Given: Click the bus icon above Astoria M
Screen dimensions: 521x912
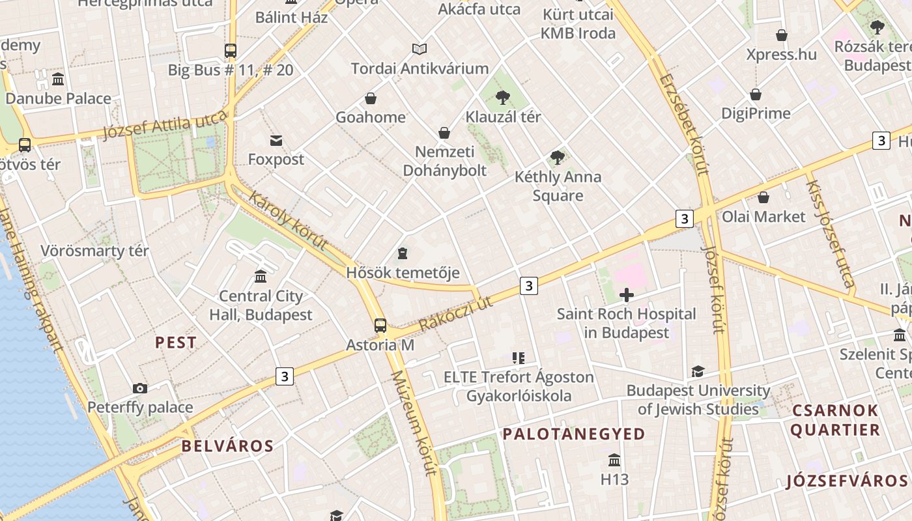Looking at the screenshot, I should coord(380,326).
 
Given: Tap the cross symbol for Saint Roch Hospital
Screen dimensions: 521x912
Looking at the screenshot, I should coord(627,295).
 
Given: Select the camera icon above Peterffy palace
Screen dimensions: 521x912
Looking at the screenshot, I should coord(140,389).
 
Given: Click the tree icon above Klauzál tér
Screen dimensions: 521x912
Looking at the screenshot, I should coord(502,98).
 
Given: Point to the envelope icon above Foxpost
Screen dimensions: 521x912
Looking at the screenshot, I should coord(276,141).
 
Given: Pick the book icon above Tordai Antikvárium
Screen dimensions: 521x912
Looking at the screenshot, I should coord(420,49).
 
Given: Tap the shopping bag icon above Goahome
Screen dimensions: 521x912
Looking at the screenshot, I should coord(371,98).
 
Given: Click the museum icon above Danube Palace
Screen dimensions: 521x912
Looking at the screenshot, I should coord(58,79).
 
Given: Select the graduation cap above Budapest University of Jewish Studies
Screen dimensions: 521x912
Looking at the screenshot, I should coord(698,372).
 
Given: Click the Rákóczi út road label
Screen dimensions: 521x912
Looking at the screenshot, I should coord(455,313).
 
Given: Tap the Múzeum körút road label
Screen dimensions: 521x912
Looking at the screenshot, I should coord(413,423).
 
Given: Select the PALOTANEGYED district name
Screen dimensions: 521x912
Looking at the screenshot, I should coord(574,434).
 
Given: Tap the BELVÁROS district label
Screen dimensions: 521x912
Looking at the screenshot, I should coord(227,446).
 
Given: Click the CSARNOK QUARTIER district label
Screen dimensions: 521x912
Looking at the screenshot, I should coord(835,420).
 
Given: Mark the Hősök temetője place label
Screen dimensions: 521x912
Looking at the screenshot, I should coord(403,272).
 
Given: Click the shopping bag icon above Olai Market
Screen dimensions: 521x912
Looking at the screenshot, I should coord(763,197).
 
